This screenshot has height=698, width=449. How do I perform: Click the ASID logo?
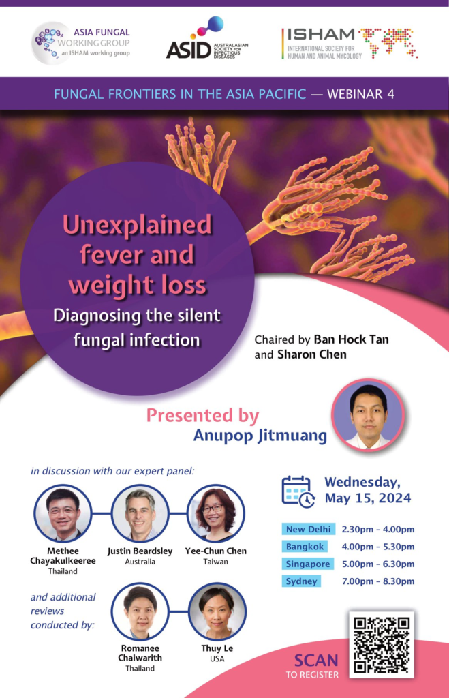click(207, 38)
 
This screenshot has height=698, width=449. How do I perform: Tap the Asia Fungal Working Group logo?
click(81, 43)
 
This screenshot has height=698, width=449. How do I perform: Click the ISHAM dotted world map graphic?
click(388, 42)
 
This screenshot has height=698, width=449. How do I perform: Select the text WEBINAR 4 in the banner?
click(361, 94)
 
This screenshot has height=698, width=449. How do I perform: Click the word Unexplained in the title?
click(137, 224)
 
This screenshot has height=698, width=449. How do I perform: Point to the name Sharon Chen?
click(312, 354)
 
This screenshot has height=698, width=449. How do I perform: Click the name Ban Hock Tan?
click(351, 339)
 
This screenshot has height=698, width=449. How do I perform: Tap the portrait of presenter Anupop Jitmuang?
click(368, 415)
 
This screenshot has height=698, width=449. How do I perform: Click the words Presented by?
click(202, 416)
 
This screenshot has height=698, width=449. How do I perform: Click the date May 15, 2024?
click(367, 498)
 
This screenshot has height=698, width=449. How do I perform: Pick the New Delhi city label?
click(308, 529)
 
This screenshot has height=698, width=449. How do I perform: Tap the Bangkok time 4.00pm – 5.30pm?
click(378, 547)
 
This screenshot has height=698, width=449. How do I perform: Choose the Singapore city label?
click(307, 564)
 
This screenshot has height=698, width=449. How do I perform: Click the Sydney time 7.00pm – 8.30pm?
click(378, 581)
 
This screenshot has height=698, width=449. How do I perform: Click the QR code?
click(382, 645)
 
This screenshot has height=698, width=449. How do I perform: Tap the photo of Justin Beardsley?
click(140, 513)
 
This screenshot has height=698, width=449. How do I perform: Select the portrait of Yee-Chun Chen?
click(216, 513)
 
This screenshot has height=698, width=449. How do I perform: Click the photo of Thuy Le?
click(217, 611)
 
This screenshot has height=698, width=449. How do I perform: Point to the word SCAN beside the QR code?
click(316, 660)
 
